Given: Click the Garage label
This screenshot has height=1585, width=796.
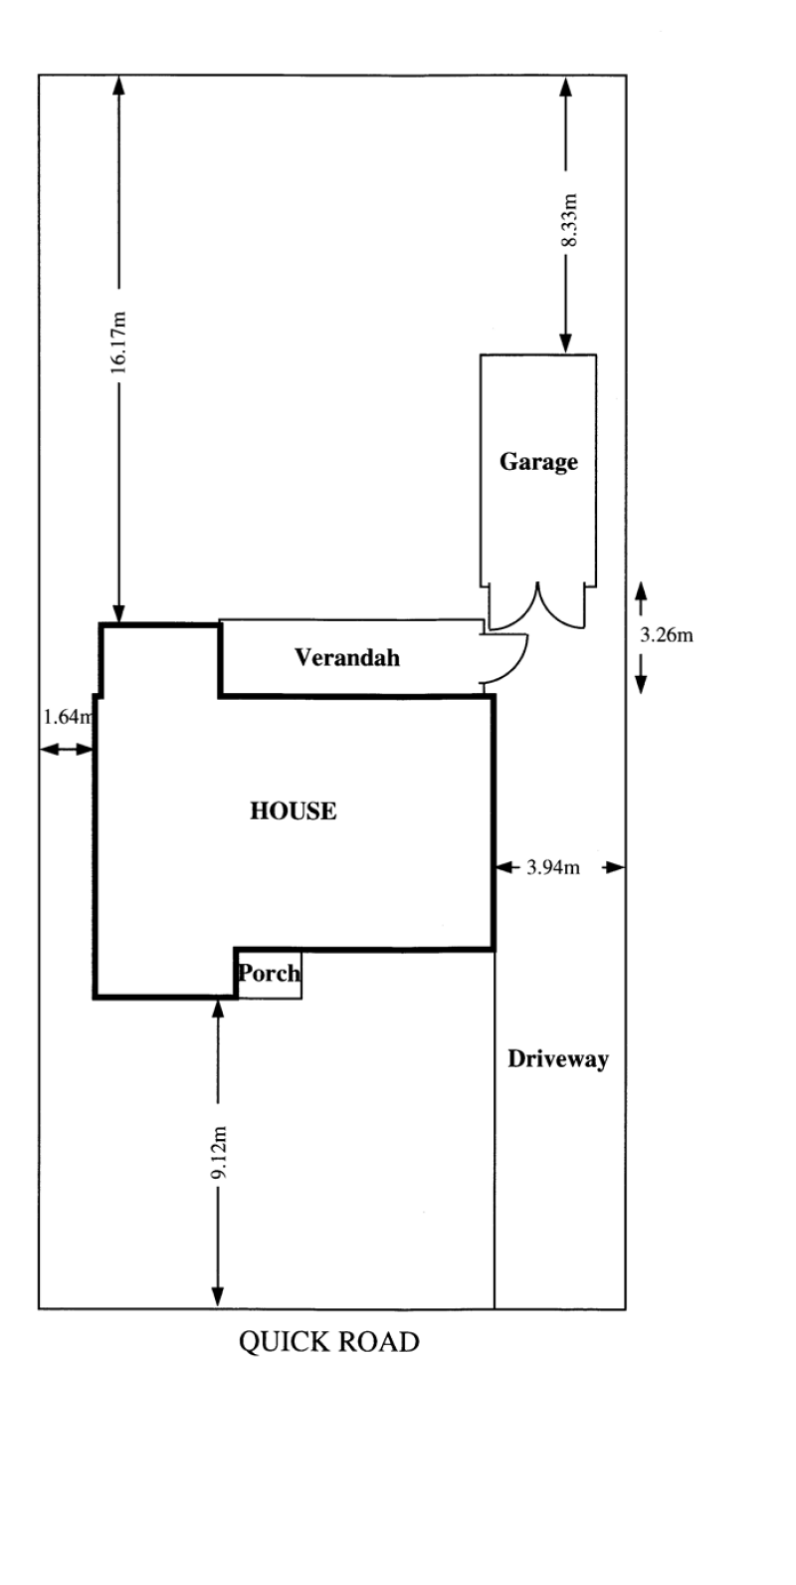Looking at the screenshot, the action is (x=538, y=461).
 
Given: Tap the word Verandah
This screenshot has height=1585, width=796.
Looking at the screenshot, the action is (x=347, y=657).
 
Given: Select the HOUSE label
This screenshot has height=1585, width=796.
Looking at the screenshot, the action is (x=294, y=810).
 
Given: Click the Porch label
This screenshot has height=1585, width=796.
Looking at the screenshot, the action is (x=270, y=973).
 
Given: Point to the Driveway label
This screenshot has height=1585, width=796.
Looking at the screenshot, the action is (x=558, y=1058).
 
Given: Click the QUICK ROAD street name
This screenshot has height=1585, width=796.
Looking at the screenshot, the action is (x=328, y=1342).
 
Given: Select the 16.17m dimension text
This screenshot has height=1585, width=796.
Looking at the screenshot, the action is (x=118, y=341).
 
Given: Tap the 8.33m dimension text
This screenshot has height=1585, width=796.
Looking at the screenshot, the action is (x=570, y=219).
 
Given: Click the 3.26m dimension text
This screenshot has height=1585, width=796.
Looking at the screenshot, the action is (x=667, y=635).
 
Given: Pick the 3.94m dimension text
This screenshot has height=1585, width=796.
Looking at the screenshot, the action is (x=553, y=867).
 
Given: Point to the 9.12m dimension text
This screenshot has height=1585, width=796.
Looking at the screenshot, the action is (x=219, y=1152).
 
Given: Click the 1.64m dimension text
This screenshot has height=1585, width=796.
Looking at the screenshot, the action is (x=68, y=717).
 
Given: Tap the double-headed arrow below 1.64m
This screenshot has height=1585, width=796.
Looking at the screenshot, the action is (x=67, y=750).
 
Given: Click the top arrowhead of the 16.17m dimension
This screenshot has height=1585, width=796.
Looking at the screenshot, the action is (x=118, y=85).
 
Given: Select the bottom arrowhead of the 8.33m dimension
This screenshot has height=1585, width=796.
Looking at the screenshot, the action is (x=565, y=343).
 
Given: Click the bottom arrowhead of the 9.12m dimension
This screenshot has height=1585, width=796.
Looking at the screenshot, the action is (x=219, y=1297).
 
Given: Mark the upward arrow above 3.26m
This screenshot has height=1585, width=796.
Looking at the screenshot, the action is (x=641, y=598).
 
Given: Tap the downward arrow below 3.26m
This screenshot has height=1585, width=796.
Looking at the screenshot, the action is (x=641, y=674).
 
